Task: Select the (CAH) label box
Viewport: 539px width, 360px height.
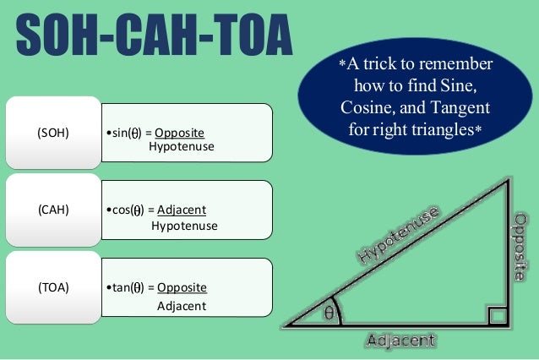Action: pos(54,210)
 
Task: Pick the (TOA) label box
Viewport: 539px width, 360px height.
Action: pos(54,286)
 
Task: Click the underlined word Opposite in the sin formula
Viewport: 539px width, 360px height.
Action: pos(179,134)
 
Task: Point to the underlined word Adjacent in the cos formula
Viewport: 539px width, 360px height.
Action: pos(182,210)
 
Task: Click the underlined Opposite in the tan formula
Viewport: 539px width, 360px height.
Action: pos(182,286)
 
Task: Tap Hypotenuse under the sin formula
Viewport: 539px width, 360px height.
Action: pos(181,147)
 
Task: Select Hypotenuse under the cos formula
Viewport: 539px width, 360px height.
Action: pos(184,226)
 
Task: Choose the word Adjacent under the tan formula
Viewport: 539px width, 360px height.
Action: pos(181,304)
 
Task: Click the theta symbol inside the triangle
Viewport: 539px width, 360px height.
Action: pos(329,313)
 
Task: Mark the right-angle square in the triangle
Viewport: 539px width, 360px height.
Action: pos(497,317)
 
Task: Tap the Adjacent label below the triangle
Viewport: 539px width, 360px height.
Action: pos(400,341)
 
